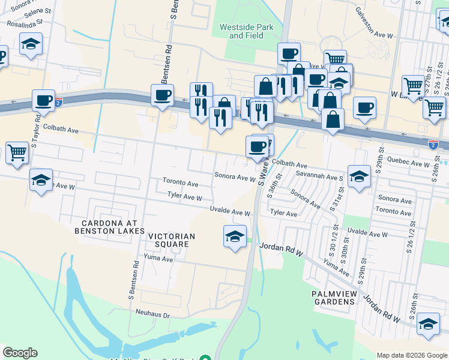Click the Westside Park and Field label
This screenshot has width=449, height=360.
pos(246,31)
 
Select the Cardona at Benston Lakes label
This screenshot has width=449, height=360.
pos(109,226)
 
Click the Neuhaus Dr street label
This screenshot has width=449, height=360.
pos(154,314)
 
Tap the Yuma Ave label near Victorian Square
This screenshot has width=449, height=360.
pos(158,259)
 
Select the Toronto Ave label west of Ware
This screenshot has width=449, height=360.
pos(180,182)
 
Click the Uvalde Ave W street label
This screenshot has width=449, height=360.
pos(229,211)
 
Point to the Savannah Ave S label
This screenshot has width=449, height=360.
pos(319,177)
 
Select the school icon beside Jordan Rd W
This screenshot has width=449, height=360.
pos(235,236)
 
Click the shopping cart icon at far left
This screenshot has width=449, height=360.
pos(17,152)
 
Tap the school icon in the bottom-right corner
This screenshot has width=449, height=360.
pos(427,323)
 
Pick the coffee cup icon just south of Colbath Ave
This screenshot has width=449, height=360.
pos(257,146)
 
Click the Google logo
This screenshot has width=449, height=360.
pos(20,353)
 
